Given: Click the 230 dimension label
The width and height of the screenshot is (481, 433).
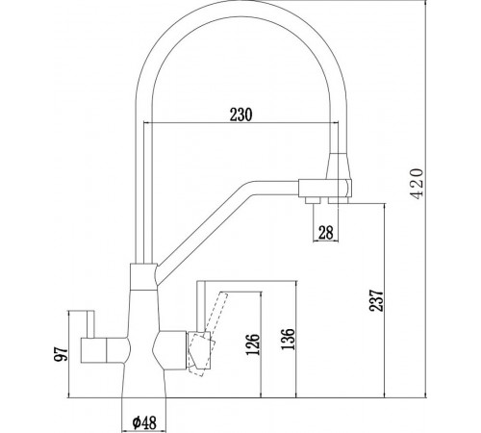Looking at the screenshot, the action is click(x=241, y=115).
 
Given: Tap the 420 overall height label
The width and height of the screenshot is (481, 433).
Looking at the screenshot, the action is click(x=418, y=184).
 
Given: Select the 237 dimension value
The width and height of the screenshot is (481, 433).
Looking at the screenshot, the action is click(x=376, y=300).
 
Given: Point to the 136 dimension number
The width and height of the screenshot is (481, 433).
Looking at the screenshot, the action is click(x=287, y=339).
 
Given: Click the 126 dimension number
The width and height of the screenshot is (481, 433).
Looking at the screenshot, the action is click(x=252, y=344).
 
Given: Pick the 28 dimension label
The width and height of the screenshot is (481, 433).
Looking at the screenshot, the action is click(x=325, y=232).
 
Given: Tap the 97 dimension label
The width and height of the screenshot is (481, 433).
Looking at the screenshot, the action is click(x=61, y=354).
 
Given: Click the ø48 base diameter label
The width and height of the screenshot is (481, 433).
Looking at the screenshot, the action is click(x=144, y=422).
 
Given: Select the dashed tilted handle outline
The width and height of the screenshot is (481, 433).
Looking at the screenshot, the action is click(x=208, y=334).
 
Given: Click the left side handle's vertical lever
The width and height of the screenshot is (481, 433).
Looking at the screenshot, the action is click(x=90, y=324).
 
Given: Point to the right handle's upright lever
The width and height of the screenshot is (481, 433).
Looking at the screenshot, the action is click(x=201, y=306).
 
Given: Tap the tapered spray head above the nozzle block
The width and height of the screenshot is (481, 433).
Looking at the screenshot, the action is click(x=340, y=166).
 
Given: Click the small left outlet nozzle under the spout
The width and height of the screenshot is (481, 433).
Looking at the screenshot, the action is click(x=313, y=200).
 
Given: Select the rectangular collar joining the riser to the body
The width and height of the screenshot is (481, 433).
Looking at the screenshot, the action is click(x=143, y=276).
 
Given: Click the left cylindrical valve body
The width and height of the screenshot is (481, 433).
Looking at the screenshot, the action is click(x=93, y=350).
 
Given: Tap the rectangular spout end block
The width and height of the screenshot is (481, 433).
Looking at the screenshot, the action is click(x=325, y=189).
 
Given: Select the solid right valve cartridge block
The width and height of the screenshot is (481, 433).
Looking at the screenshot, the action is click(x=170, y=350).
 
